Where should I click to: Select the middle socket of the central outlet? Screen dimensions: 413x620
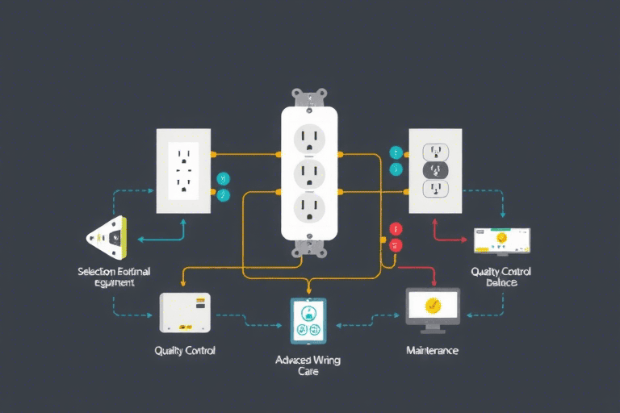tap(309, 173)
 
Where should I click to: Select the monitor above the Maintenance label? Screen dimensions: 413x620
tap(432, 307)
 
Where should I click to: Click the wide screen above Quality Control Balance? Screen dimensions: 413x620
tap(501, 240)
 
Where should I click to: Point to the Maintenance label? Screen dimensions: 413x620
tap(432, 351)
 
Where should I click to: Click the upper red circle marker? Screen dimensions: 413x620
tap(396, 229)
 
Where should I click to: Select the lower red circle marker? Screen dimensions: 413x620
tap(396, 245)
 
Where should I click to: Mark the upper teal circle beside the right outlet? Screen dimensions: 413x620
tap(396, 152)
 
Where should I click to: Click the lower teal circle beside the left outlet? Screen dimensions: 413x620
tap(224, 195)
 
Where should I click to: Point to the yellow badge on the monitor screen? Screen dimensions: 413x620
tap(432, 305)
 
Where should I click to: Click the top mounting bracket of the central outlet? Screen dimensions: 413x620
tap(309, 98)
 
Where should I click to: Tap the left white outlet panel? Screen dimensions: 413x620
tap(183, 170)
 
